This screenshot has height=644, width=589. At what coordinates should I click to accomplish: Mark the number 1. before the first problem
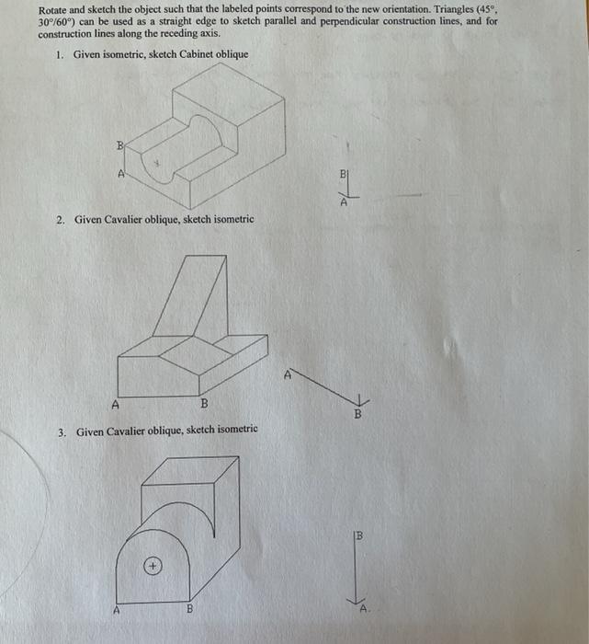click(x=59, y=55)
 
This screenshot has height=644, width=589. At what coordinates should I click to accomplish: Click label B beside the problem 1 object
click(x=119, y=145)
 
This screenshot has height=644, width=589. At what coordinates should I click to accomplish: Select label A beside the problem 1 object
click(x=119, y=172)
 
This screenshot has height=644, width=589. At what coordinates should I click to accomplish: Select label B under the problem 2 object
click(x=204, y=404)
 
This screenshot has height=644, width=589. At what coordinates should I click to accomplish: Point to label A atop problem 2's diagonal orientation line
click(x=287, y=374)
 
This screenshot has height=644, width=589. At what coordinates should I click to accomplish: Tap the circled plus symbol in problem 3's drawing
click(x=153, y=566)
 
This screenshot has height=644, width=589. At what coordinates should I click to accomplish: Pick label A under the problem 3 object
click(x=116, y=608)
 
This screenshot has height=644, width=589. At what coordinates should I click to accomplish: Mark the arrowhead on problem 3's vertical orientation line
click(x=360, y=599)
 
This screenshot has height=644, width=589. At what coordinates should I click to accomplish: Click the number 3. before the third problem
click(x=61, y=431)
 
